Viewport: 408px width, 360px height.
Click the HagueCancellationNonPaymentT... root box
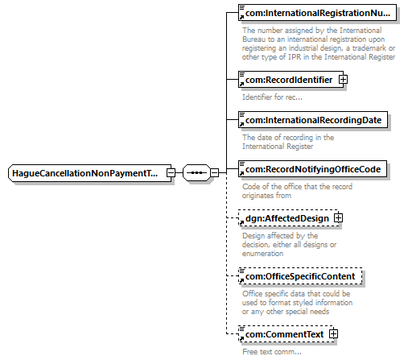tap(89, 173)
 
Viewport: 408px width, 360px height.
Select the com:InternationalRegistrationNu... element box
tap(317, 12)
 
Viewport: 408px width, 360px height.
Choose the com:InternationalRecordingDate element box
tap(313, 119)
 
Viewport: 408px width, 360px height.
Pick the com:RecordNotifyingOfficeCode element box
tap(312, 169)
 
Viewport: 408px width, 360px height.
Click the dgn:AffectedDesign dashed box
tap(288, 218)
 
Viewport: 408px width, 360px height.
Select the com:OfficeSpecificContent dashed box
tap(300, 276)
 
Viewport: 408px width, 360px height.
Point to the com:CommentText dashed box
tap(286, 334)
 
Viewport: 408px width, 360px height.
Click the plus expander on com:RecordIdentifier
tap(343, 80)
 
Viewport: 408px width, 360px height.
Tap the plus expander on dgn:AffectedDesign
tap(338, 217)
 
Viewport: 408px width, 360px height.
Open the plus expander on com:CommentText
tap(333, 333)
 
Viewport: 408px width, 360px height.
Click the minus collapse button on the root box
tap(171, 172)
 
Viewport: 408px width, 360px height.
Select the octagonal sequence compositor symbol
tap(196, 172)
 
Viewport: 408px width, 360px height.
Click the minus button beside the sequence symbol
tap(214, 172)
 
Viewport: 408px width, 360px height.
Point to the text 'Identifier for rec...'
tap(272, 97)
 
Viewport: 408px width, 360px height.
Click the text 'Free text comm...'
tap(272, 352)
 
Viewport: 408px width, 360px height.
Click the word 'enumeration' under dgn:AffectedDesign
tap(262, 254)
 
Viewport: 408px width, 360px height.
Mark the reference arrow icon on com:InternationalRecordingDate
tap(241, 124)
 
